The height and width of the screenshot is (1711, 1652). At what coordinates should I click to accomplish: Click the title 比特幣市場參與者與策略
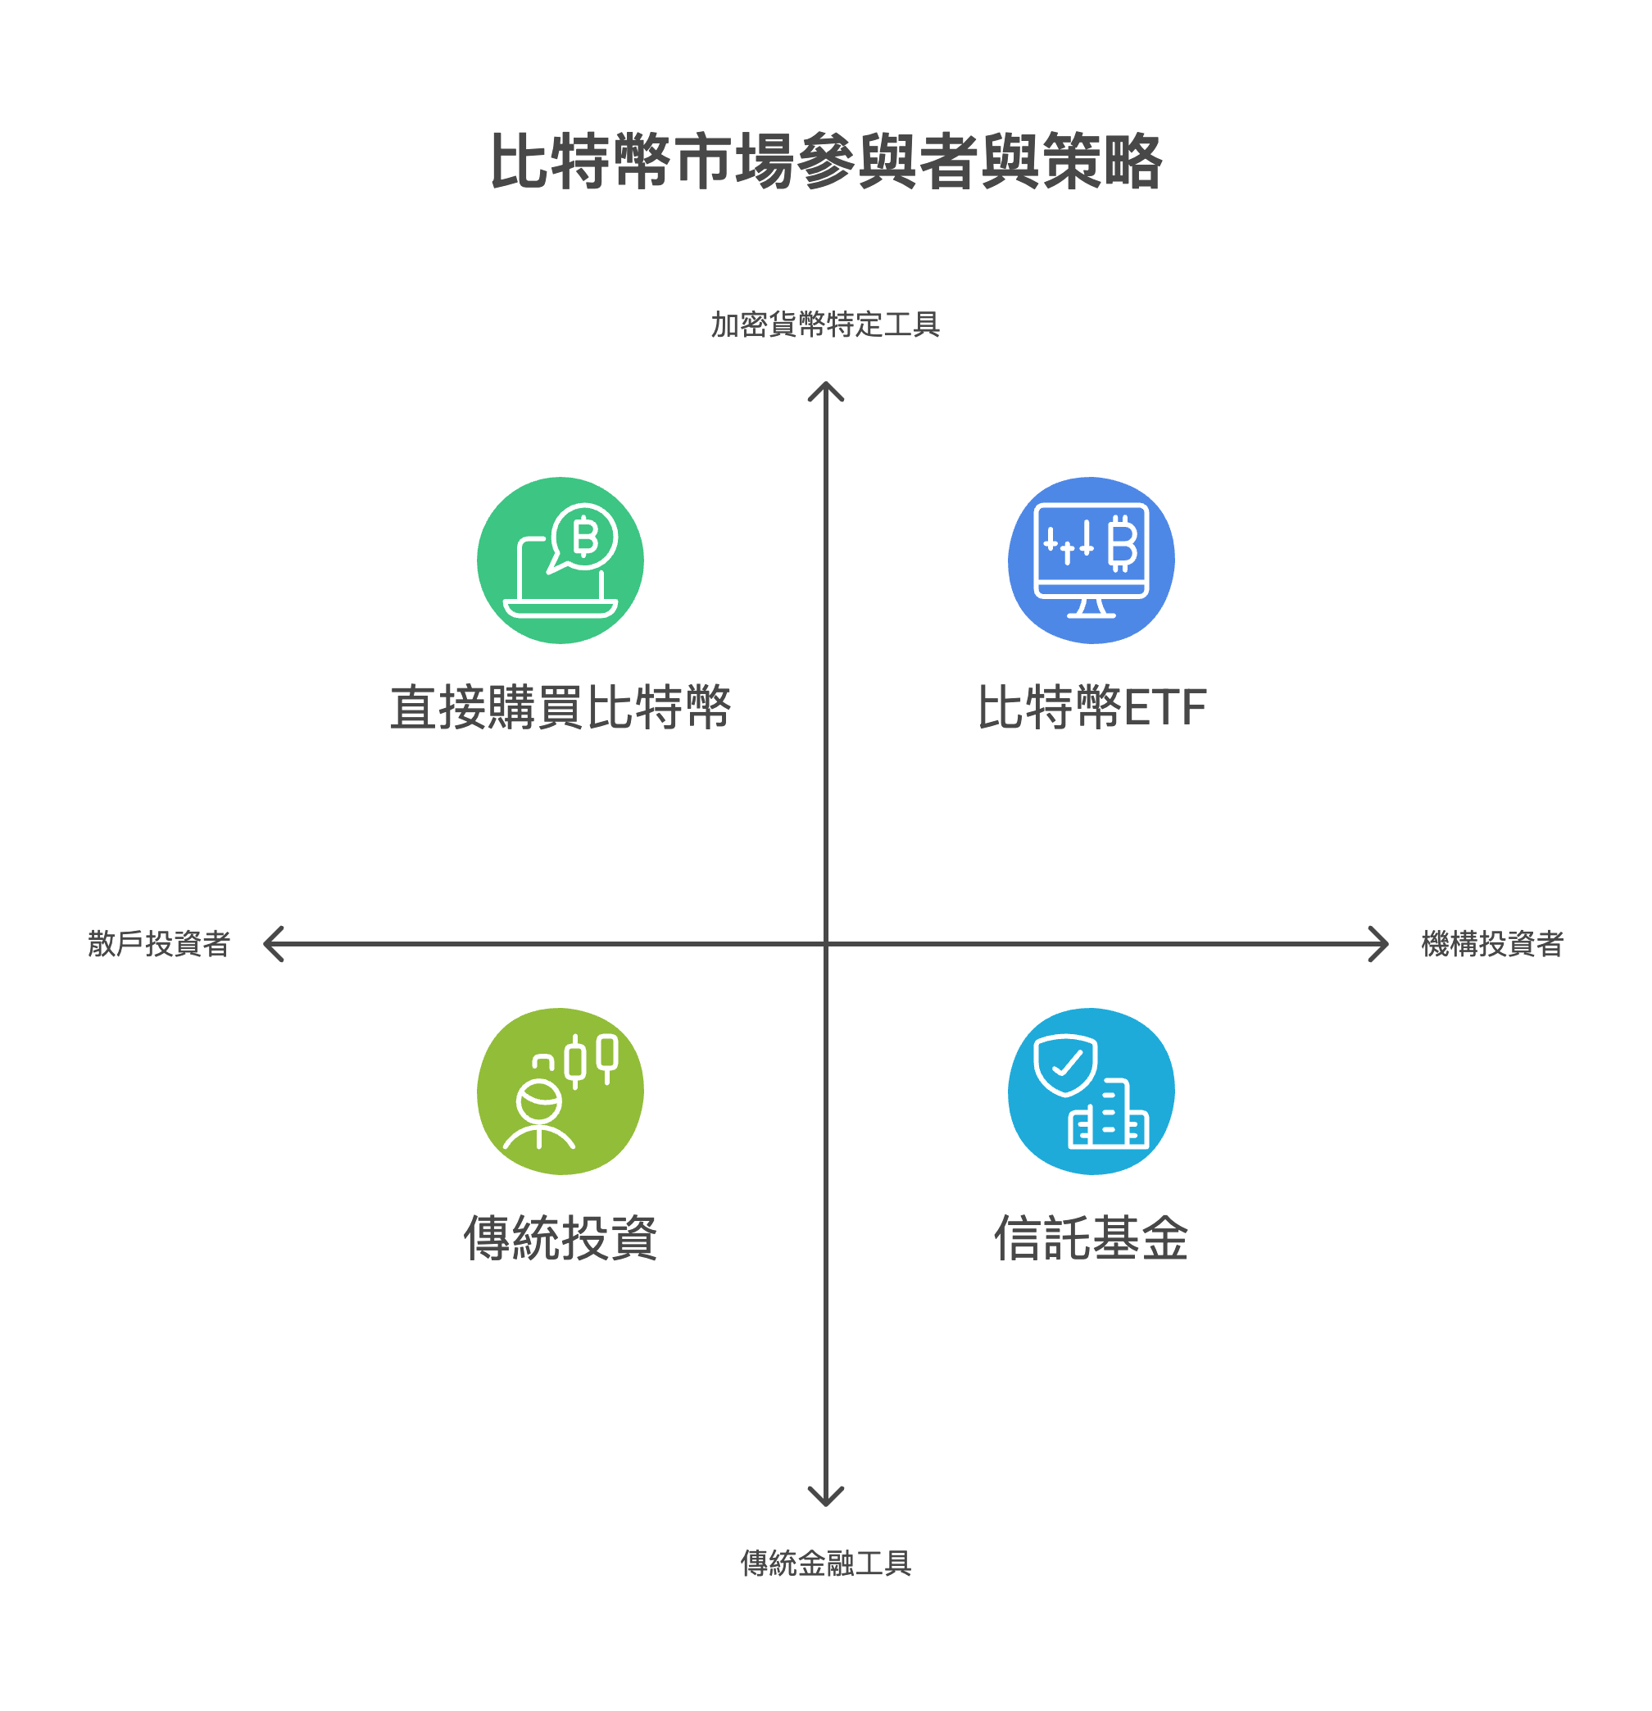click(x=825, y=161)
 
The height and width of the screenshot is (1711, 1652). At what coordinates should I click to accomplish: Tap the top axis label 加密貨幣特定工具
click(x=825, y=324)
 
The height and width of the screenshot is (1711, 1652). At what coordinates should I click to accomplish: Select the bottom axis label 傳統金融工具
click(x=825, y=1563)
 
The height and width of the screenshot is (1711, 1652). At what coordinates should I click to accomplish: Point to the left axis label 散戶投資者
click(x=159, y=944)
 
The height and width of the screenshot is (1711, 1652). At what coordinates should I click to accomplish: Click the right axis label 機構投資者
click(x=1492, y=944)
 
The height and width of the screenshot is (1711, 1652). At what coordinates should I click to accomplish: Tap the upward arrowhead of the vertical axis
click(x=825, y=389)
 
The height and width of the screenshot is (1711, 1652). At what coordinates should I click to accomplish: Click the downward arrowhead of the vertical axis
click(x=825, y=1499)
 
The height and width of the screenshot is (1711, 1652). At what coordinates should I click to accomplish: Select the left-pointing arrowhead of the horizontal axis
click(x=270, y=944)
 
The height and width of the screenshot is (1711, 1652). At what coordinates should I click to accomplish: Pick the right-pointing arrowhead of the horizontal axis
click(x=1381, y=944)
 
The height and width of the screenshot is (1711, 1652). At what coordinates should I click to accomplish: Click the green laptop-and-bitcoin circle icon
click(x=560, y=560)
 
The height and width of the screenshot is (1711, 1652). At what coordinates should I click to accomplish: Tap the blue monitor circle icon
click(x=1091, y=560)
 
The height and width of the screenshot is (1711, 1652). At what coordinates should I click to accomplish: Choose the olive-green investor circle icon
click(x=560, y=1091)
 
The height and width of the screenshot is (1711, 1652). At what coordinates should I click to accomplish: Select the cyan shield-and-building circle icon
click(x=1091, y=1091)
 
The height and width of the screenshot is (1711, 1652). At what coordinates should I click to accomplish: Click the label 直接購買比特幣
click(x=560, y=707)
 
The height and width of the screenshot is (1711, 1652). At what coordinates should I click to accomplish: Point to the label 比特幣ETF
click(x=1091, y=707)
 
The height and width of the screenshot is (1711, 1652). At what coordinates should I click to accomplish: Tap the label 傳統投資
click(x=560, y=1238)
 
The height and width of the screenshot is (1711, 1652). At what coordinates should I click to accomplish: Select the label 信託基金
click(x=1091, y=1238)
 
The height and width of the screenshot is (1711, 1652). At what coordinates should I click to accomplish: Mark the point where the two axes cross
click(x=825, y=944)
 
